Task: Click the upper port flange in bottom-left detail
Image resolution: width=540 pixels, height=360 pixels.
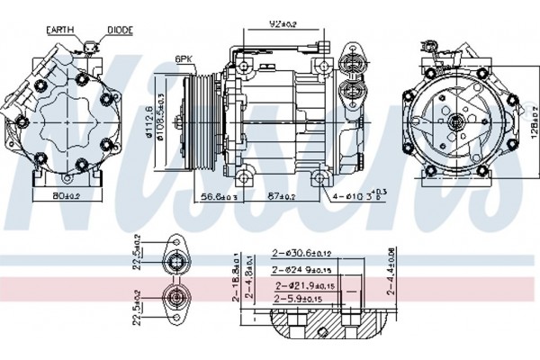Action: click(x=175, y=260)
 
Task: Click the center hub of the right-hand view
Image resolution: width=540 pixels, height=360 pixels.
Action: click(x=455, y=121)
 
